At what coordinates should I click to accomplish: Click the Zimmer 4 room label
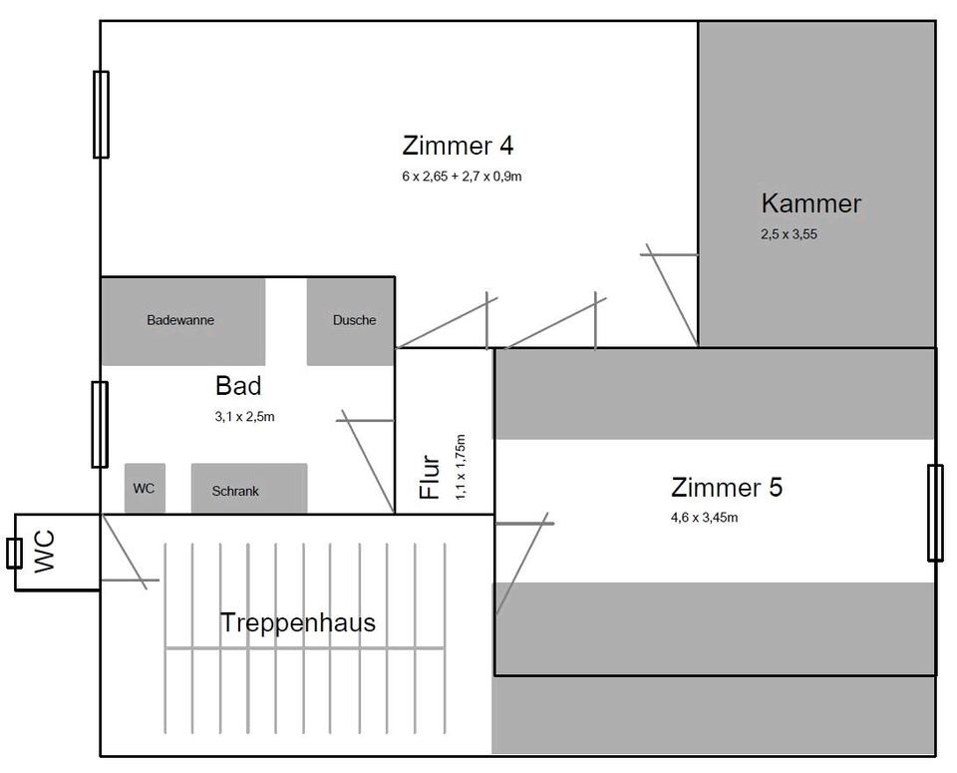click(458, 146)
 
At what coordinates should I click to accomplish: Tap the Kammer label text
click(810, 204)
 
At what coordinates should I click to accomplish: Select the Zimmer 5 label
click(727, 488)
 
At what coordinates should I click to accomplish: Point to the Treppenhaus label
click(297, 623)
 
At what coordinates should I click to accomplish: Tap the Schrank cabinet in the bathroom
click(248, 489)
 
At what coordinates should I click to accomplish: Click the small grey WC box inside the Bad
click(145, 489)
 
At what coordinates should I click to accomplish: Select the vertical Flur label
click(430, 477)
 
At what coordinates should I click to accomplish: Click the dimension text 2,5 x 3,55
click(789, 235)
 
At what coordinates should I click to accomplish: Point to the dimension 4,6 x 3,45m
click(704, 517)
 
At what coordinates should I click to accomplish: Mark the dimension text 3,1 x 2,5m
click(244, 417)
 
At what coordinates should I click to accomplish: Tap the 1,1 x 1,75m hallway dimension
click(460, 466)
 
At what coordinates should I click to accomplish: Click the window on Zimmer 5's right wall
click(934, 513)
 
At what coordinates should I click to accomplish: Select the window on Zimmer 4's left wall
click(101, 115)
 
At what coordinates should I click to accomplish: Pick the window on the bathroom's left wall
click(100, 424)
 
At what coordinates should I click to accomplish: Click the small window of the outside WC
click(14, 552)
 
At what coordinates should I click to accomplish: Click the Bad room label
click(238, 386)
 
